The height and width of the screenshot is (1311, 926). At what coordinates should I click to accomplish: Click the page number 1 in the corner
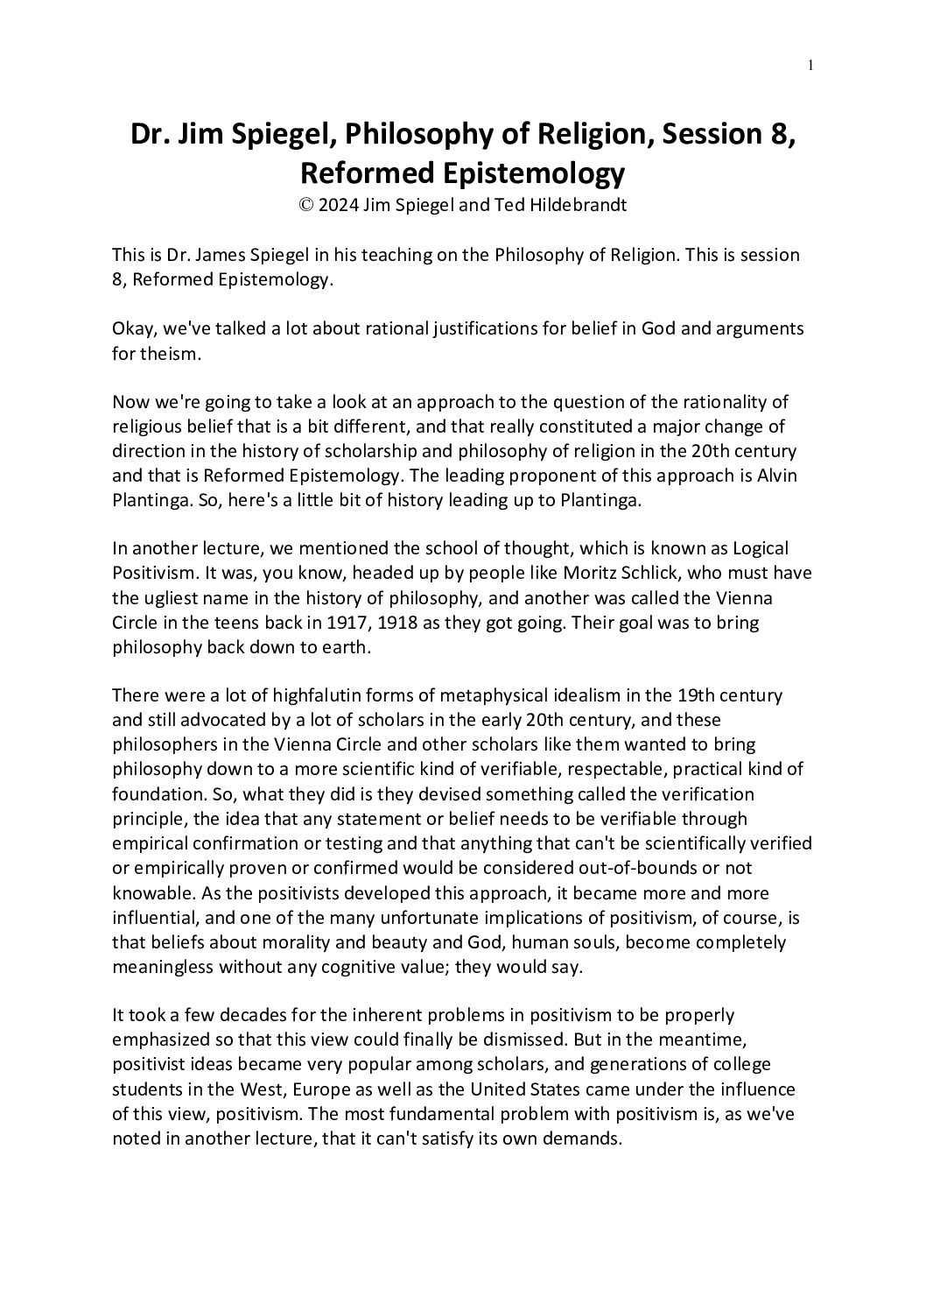coord(811,65)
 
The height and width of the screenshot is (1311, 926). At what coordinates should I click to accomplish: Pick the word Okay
coord(134,328)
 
